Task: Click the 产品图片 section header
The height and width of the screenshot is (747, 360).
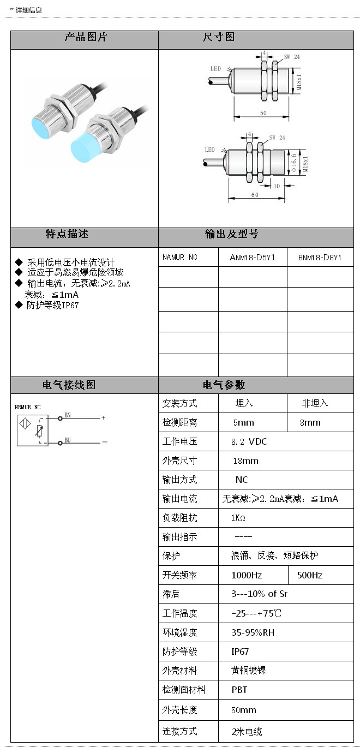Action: tap(86, 38)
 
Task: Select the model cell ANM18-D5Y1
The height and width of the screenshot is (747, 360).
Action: tap(253, 257)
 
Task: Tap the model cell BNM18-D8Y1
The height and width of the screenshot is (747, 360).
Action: tap(320, 257)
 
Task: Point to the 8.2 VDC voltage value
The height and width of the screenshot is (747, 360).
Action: tap(250, 441)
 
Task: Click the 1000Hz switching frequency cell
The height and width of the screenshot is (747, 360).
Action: tap(247, 575)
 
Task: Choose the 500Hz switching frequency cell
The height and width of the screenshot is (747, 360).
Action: tap(310, 575)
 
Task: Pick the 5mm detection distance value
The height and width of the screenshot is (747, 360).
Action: tap(243, 422)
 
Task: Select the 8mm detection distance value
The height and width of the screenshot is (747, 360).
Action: tap(310, 422)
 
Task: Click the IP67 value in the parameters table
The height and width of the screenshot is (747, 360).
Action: tap(240, 652)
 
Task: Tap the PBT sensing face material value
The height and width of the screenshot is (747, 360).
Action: tap(239, 690)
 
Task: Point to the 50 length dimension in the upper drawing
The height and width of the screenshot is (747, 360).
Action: tap(263, 112)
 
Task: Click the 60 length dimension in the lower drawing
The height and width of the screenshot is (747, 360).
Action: tap(255, 195)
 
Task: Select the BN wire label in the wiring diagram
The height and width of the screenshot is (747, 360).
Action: tap(68, 415)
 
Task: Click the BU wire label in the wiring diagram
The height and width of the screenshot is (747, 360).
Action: tap(68, 439)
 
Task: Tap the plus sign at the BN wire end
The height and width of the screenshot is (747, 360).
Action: tap(103, 418)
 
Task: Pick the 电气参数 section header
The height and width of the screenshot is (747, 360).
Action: tap(224, 385)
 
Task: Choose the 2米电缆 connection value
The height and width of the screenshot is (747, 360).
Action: tap(247, 731)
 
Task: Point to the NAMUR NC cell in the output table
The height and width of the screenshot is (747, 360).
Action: tap(180, 257)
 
